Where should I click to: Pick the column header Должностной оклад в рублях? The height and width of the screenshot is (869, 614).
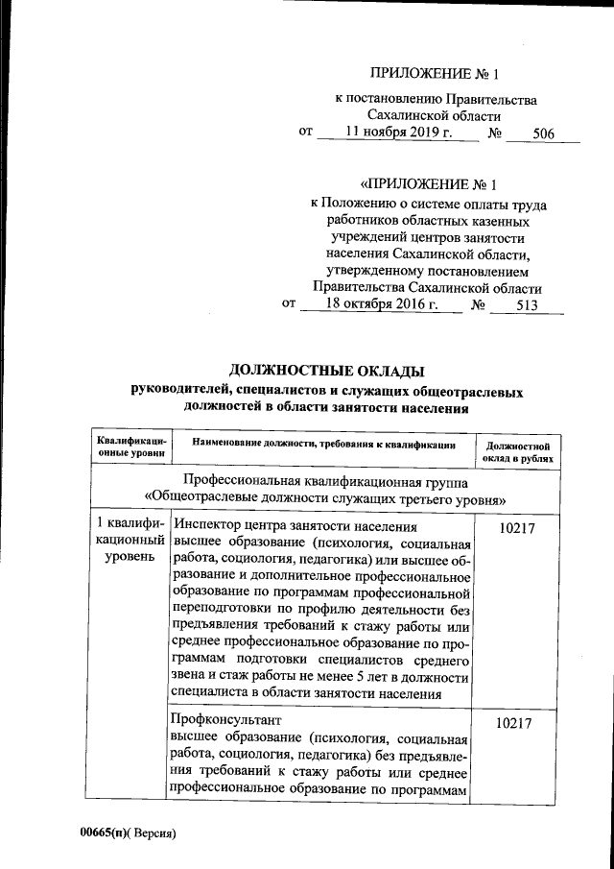pyautogui.click(x=518, y=452)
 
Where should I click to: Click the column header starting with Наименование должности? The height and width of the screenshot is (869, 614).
pyautogui.click(x=322, y=445)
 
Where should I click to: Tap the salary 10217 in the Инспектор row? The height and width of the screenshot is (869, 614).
pyautogui.click(x=519, y=529)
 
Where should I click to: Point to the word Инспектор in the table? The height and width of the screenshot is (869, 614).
pyautogui.click(x=208, y=527)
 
